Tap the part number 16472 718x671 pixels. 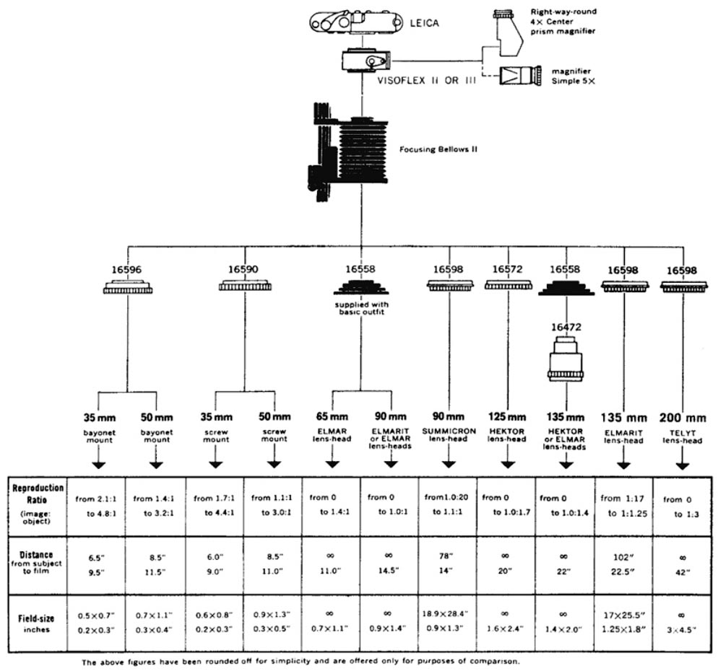click(566, 327)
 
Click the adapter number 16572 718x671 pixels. click(509, 270)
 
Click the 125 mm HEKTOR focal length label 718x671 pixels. click(507, 417)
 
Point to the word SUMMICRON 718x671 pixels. click(448, 431)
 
